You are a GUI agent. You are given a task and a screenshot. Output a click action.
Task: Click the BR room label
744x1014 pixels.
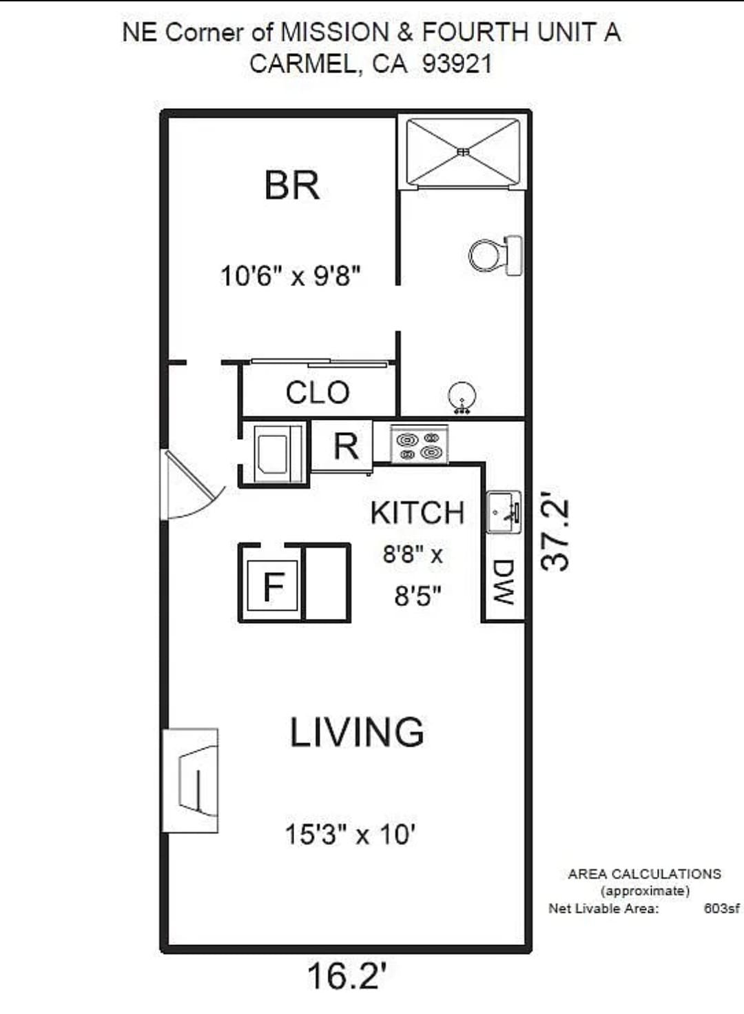291,185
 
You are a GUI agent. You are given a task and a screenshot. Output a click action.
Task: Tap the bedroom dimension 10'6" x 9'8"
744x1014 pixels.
291,276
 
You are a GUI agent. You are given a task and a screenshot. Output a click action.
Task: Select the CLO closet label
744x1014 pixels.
318,392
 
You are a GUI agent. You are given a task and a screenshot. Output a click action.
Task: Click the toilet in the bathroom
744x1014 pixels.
495,256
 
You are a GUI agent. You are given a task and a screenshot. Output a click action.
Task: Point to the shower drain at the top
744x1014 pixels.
463,152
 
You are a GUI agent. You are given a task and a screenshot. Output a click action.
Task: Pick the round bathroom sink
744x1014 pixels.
462,398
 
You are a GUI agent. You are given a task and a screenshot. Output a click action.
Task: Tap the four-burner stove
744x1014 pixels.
420,445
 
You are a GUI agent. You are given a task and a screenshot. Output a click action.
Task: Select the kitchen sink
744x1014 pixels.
504,512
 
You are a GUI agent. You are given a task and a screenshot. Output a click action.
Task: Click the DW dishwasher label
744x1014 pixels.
503,582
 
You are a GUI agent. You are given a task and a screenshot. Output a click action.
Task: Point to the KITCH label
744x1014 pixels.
417,513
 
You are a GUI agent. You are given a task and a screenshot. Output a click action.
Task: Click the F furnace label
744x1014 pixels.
273,586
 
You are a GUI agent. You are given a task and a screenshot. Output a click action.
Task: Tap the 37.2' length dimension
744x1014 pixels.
555,535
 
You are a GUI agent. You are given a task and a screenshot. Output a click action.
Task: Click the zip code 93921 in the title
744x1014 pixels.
457,64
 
